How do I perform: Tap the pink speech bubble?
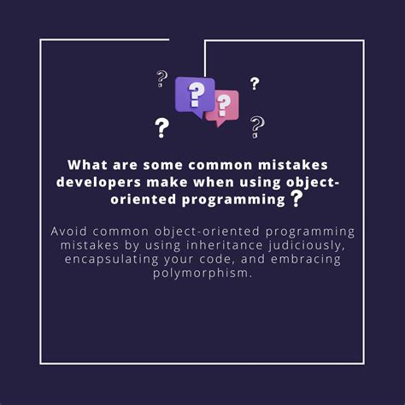pyautogui.click(x=223, y=107)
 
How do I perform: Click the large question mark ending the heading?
pyautogui.click(x=296, y=199)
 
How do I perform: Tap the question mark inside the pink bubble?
pyautogui.click(x=225, y=105)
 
